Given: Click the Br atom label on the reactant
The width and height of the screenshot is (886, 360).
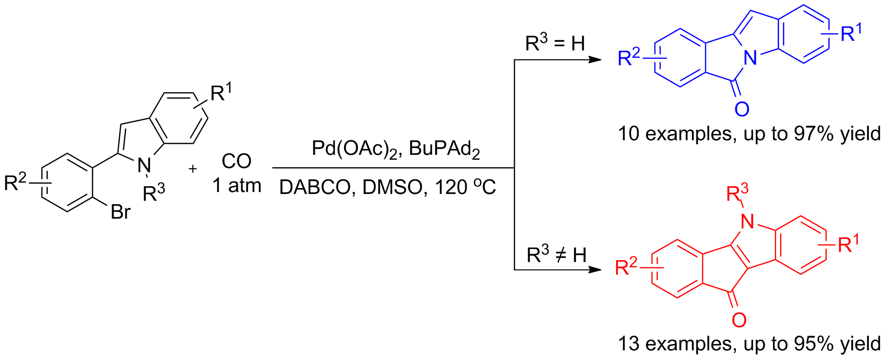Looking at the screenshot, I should click(120, 212).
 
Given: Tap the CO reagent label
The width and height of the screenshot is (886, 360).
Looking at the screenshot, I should click(236, 161).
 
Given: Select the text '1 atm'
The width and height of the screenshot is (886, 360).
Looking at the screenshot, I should click(237, 186).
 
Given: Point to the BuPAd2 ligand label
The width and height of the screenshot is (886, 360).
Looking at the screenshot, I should click(444, 149).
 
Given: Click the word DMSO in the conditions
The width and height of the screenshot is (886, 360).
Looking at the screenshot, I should click(392, 188).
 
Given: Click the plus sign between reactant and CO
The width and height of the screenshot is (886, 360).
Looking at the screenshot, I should click(193, 169).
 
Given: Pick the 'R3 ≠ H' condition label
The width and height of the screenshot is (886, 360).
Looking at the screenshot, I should click(556, 254).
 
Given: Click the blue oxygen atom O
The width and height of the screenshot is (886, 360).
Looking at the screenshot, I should click(742, 109).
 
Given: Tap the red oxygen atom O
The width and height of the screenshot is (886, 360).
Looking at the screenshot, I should click(739, 320).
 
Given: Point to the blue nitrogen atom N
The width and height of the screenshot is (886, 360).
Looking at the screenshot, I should click(751, 58).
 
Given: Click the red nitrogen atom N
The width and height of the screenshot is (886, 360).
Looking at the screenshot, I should click(747, 222).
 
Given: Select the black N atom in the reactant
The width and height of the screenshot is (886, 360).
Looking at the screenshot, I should click(144, 166).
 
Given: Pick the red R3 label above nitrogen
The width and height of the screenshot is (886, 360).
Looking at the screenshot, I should click(736, 193).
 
